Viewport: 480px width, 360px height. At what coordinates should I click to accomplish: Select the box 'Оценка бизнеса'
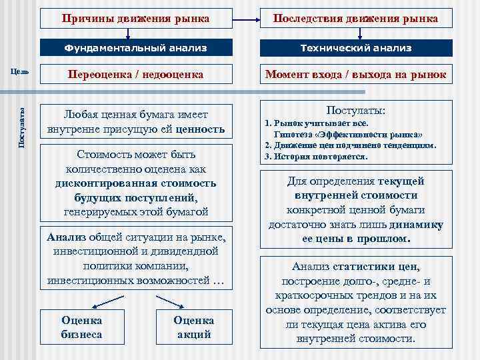pos(82,327)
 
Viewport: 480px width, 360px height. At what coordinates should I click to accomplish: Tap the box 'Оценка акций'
pos(194,327)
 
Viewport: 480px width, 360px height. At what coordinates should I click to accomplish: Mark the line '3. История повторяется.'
pos(316,157)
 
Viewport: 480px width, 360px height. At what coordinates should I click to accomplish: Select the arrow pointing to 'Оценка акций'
pos(167,301)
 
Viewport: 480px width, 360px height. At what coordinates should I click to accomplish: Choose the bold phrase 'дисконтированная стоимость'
pos(137,184)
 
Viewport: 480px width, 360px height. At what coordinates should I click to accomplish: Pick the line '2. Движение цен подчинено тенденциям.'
pos(350,145)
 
